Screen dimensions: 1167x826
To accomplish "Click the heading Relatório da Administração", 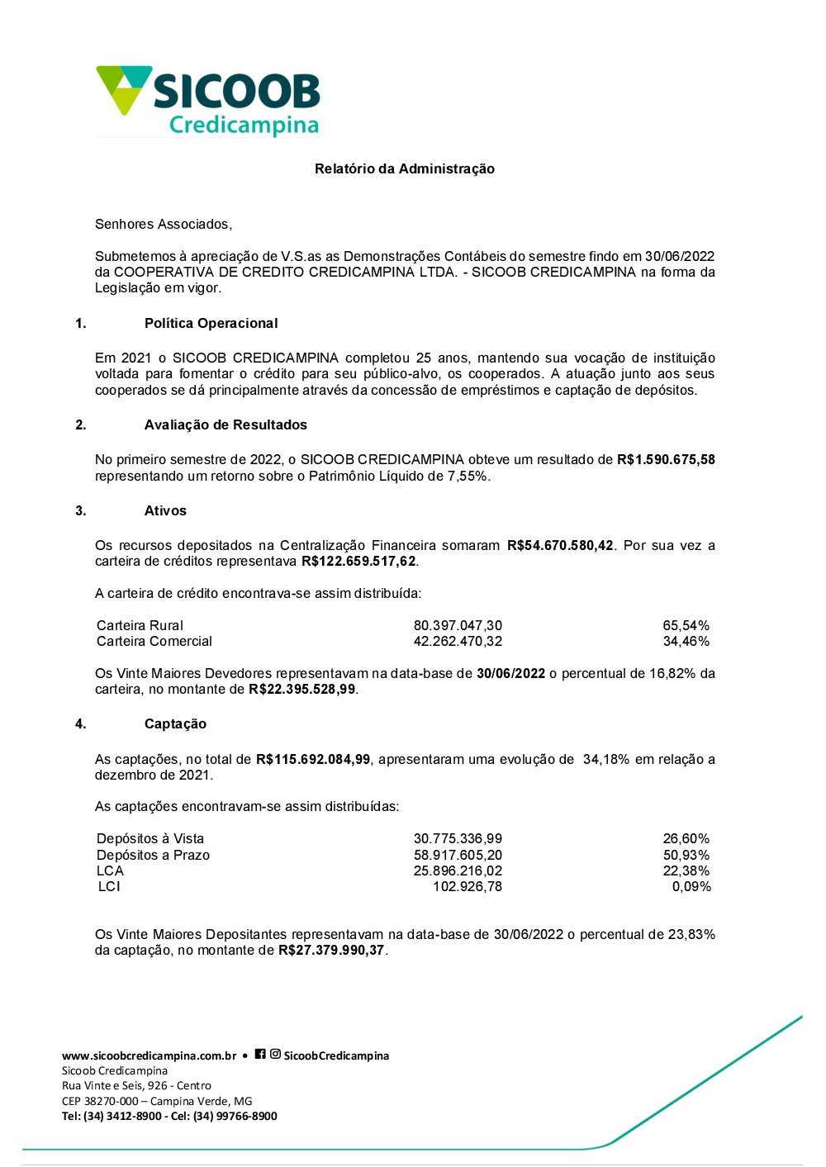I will coord(405,168).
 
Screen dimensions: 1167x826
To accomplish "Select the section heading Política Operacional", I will coord(211,323).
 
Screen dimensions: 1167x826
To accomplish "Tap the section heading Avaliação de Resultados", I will coord(225,425).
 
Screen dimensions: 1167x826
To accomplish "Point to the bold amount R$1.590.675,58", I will coord(666,459).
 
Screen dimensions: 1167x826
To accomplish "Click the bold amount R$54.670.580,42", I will coord(560,545).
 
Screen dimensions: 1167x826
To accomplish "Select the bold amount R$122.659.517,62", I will coord(358,562).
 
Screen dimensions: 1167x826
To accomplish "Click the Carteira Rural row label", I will coord(140,625).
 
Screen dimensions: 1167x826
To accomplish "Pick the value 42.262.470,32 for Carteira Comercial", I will coord(458,642).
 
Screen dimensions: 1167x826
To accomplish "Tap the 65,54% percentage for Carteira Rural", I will coord(686,625).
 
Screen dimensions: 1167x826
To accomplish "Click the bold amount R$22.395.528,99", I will coord(302,690).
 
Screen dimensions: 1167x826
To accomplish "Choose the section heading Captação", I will coord(175,723).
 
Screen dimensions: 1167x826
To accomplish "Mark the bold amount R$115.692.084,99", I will coord(313,759).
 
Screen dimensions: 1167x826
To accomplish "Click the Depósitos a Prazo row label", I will coord(153,855).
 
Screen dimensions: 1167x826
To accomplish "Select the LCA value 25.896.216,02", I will coord(458,871).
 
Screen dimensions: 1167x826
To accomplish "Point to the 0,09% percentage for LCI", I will coord(691,887).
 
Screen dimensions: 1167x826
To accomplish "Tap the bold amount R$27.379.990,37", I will coord(331,951).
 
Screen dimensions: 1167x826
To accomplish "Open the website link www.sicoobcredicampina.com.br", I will coord(149,1056).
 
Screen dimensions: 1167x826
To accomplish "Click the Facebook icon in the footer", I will coord(260,1054).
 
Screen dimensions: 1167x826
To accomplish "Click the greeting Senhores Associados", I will coord(164,224).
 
